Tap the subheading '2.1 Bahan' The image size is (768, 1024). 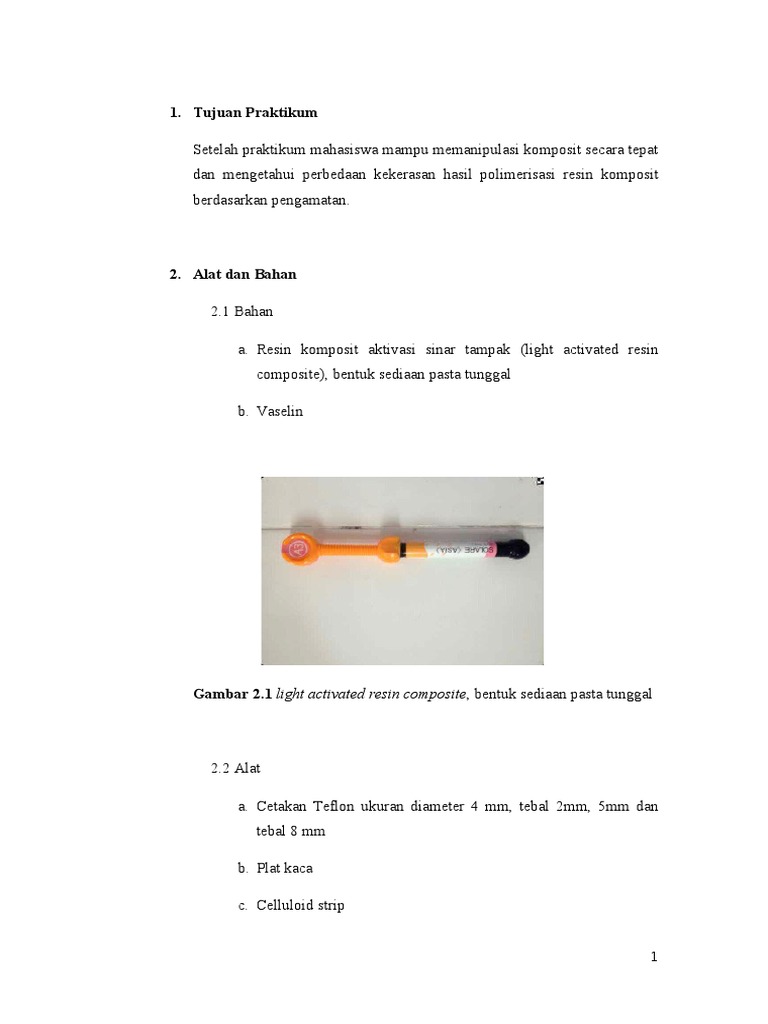(x=241, y=312)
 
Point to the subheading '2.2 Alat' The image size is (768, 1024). (x=235, y=768)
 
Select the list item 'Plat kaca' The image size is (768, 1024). (x=284, y=868)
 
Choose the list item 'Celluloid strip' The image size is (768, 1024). (x=300, y=905)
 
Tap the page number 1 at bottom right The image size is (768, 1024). (x=654, y=957)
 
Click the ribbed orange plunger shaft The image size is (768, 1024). (x=350, y=548)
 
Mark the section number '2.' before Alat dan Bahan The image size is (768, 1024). (x=174, y=275)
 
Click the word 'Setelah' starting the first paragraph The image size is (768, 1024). (x=216, y=149)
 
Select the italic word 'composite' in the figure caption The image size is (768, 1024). (x=435, y=695)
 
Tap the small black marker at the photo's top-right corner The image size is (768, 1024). (x=540, y=481)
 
